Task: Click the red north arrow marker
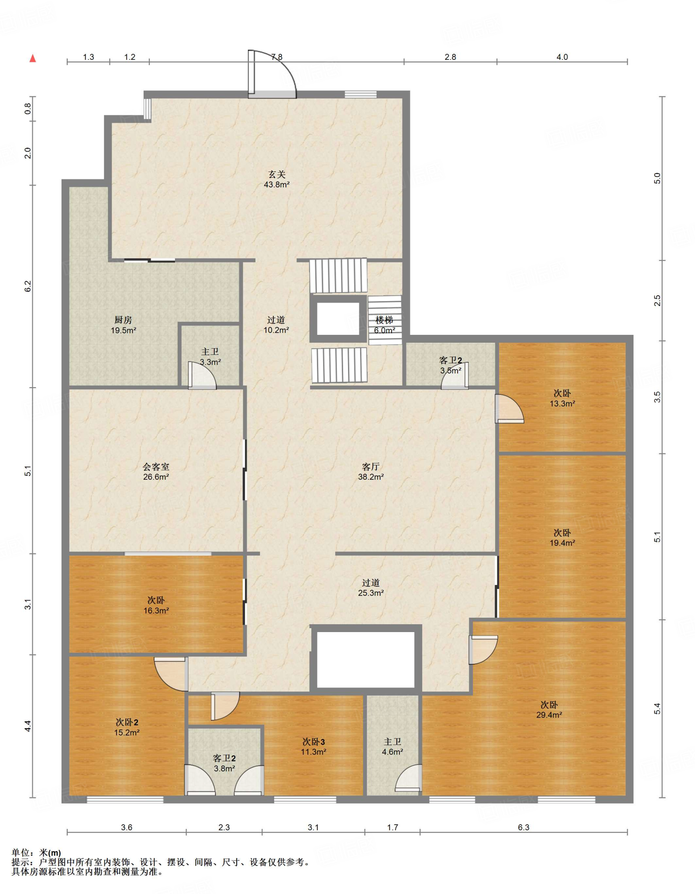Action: (x=33, y=58)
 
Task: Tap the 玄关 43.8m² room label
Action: (x=277, y=179)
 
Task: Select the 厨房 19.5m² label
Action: (x=123, y=325)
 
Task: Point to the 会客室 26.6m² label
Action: (x=156, y=472)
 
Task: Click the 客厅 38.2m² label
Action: (x=371, y=472)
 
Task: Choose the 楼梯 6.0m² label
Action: (x=384, y=325)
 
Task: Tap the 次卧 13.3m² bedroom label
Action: (x=562, y=399)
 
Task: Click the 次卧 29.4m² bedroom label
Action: (x=549, y=710)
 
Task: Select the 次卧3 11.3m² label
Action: (x=313, y=746)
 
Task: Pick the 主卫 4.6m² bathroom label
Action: (x=392, y=746)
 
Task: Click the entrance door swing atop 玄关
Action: (x=272, y=74)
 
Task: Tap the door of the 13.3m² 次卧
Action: (x=509, y=409)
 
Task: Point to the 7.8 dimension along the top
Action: (x=277, y=57)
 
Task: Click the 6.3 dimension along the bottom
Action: (x=523, y=827)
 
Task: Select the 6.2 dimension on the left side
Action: (x=28, y=286)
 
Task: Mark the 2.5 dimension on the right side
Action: (x=657, y=300)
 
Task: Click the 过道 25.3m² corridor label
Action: (x=371, y=588)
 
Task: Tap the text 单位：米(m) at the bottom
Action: (x=36, y=853)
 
